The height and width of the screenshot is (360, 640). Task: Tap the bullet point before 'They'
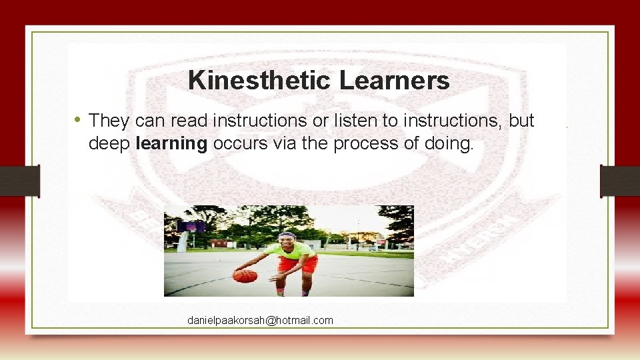click(x=78, y=120)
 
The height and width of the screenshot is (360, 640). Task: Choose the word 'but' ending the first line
click(x=521, y=121)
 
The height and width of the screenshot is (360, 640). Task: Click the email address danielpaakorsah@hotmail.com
click(x=260, y=321)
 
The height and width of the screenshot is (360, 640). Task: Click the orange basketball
click(x=245, y=275)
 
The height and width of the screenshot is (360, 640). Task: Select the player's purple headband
click(x=287, y=235)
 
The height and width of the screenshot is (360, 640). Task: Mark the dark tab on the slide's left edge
click(x=19, y=181)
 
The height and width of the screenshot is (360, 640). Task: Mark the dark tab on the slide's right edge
click(x=620, y=181)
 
